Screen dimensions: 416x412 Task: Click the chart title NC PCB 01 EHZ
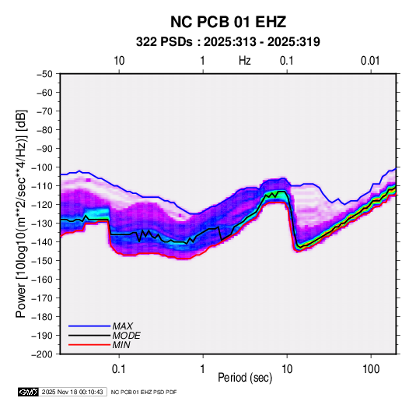pos(228,22)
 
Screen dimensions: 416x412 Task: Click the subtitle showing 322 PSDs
pos(228,42)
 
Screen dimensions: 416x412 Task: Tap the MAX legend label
pos(122,326)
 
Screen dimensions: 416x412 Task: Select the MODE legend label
pos(126,336)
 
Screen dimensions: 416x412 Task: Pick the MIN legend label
pos(121,345)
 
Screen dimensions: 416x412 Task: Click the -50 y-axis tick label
pos(44,74)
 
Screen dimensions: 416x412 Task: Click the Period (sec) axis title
pos(245,378)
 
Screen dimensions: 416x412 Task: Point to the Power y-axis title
pos(21,214)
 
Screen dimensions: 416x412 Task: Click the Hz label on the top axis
pos(245,61)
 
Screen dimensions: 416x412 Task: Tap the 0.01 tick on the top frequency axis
pos(370,61)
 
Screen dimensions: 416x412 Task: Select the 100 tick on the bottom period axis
pos(371,369)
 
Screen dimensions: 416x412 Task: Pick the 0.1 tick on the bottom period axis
pos(119,369)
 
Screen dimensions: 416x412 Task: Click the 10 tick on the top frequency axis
pos(119,61)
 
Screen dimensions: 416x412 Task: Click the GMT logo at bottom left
pos(28,392)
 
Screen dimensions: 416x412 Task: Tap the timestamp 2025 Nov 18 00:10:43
pos(72,392)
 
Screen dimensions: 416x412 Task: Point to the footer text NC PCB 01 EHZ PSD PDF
pos(144,392)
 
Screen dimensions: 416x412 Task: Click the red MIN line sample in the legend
pos(89,345)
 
